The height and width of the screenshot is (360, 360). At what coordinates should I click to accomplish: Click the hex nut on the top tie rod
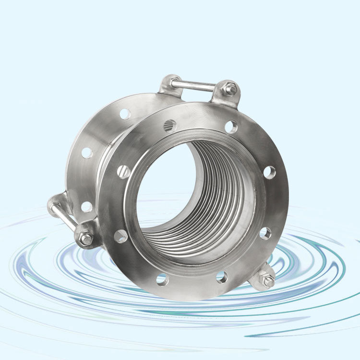(230, 89)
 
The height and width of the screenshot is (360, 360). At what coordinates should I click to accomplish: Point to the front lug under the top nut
(226, 96)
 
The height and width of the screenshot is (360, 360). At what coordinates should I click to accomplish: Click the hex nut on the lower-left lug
(85, 239)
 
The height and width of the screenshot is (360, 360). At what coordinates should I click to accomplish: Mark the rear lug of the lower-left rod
(57, 204)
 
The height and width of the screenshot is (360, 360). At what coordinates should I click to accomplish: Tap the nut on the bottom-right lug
(268, 281)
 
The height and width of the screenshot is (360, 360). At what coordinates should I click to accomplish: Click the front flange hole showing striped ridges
(170, 126)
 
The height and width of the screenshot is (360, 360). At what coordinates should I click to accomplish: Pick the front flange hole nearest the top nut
(231, 127)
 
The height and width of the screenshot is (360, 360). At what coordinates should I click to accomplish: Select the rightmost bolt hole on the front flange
(270, 172)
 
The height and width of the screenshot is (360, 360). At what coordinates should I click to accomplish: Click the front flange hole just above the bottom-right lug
(265, 233)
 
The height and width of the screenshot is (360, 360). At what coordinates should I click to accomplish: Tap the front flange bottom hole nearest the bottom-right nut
(221, 276)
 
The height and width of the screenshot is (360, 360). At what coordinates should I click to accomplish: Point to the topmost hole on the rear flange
(125, 114)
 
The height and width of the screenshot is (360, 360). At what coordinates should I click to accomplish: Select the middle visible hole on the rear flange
(87, 153)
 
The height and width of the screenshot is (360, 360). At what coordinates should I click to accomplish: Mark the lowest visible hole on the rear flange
(86, 206)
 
